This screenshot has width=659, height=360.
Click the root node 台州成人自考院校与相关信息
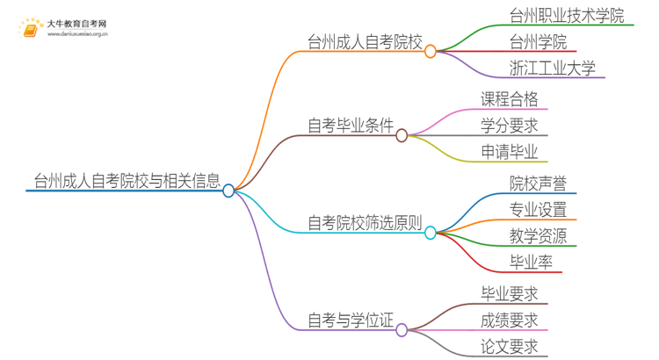(x=123, y=181)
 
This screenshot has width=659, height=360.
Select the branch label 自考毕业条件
(x=351, y=126)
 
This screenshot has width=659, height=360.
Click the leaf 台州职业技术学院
(x=566, y=15)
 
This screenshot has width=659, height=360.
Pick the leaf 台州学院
(x=538, y=41)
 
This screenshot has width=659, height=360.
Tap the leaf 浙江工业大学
(x=552, y=68)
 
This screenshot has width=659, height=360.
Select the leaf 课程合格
(x=510, y=98)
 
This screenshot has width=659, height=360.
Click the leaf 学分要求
(x=510, y=125)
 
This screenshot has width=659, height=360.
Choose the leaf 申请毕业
(x=510, y=152)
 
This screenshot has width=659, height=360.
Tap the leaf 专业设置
(x=538, y=209)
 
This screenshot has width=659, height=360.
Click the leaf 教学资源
(x=538, y=235)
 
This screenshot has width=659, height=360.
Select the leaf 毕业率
(x=531, y=262)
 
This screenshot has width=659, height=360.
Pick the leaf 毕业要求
(x=510, y=293)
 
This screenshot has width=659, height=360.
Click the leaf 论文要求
(x=510, y=346)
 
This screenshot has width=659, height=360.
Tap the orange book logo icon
(x=30, y=30)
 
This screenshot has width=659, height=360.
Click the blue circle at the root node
(x=228, y=191)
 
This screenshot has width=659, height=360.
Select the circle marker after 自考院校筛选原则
(x=431, y=233)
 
